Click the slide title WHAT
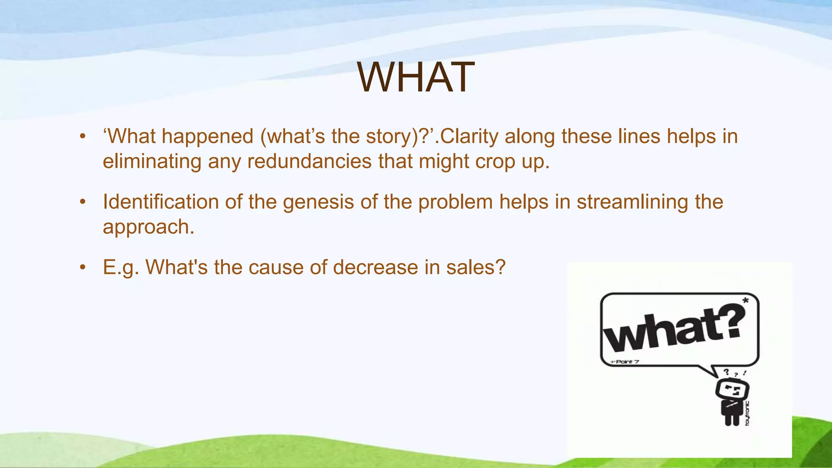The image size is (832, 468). [x=416, y=77]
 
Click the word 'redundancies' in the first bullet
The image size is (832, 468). [x=309, y=161]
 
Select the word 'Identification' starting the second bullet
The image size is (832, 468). [x=160, y=202]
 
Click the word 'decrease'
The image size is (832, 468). [x=375, y=267]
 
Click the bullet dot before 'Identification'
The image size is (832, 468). [x=83, y=202]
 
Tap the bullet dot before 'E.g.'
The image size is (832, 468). [x=83, y=267]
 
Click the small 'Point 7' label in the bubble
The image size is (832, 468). [x=626, y=362]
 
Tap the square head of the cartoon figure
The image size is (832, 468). [x=732, y=390]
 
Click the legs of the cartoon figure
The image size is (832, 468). [x=732, y=419]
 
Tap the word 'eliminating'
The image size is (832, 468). [x=152, y=161]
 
